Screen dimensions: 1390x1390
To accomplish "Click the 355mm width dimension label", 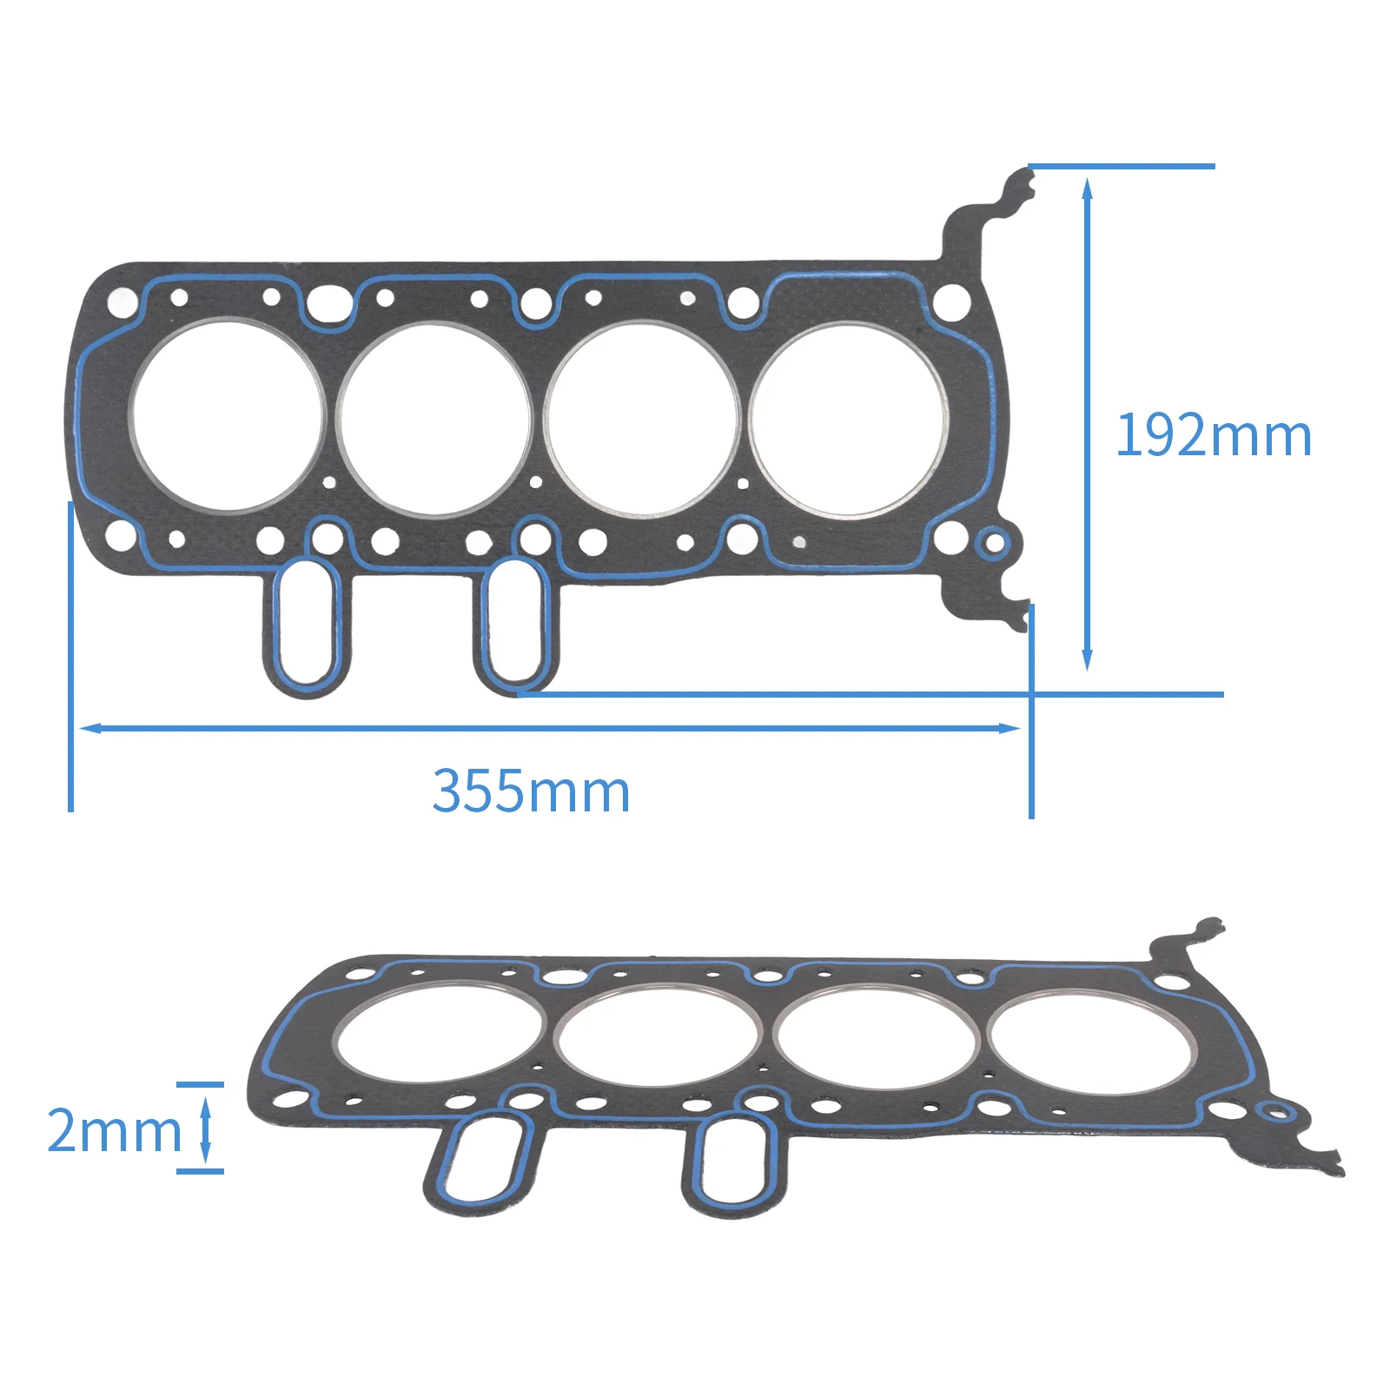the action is tap(531, 791).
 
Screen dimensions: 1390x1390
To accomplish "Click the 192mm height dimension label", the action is tap(1214, 434).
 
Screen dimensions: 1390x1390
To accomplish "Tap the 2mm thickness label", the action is tap(114, 1130).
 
